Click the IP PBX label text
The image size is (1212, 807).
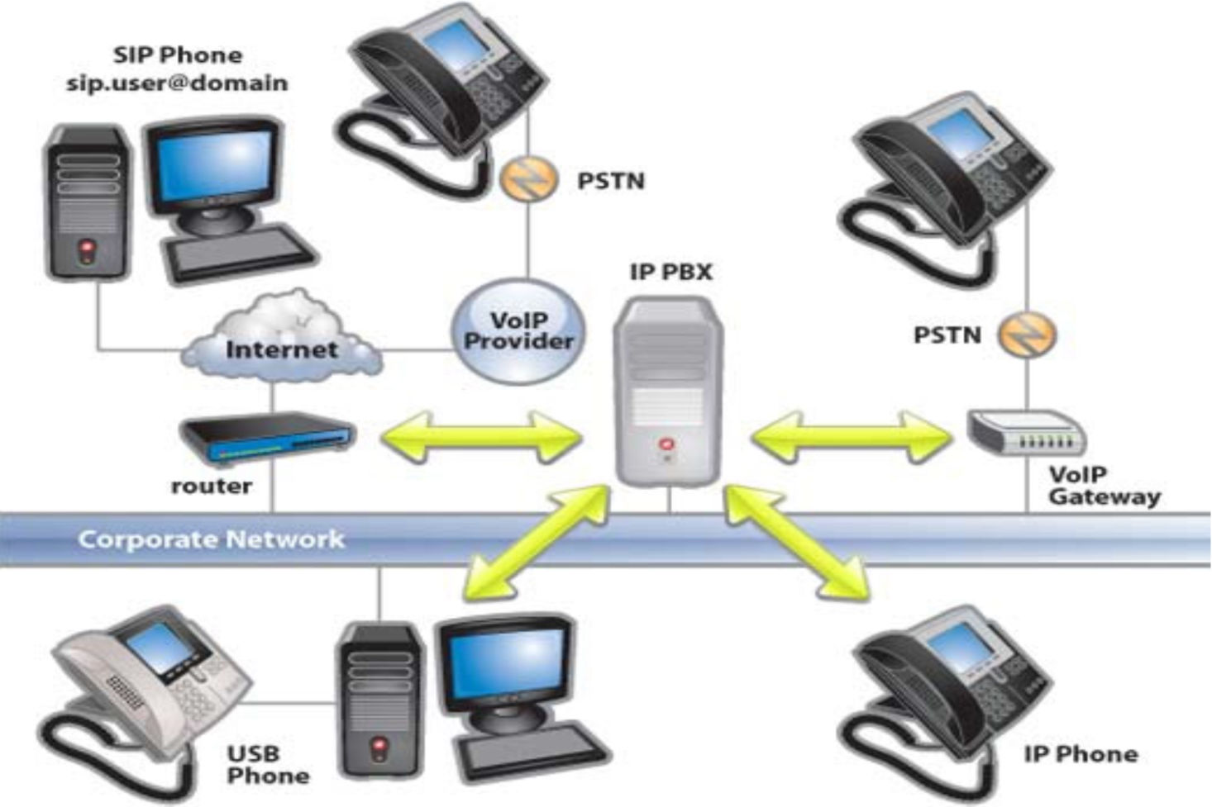670,272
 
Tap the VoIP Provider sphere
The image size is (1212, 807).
518,331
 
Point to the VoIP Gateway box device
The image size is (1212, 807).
1026,432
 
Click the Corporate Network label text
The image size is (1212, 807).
211,539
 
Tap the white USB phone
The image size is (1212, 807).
145,677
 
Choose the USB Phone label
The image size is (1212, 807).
267,765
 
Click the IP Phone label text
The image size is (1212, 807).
1080,754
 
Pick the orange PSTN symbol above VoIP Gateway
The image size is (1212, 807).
1027,335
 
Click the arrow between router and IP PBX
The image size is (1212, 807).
481,436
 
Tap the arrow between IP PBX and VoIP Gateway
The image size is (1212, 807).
852,436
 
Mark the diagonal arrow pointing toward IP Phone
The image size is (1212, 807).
797,541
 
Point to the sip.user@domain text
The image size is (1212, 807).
177,83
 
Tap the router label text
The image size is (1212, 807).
211,487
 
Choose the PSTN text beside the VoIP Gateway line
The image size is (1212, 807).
947,335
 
